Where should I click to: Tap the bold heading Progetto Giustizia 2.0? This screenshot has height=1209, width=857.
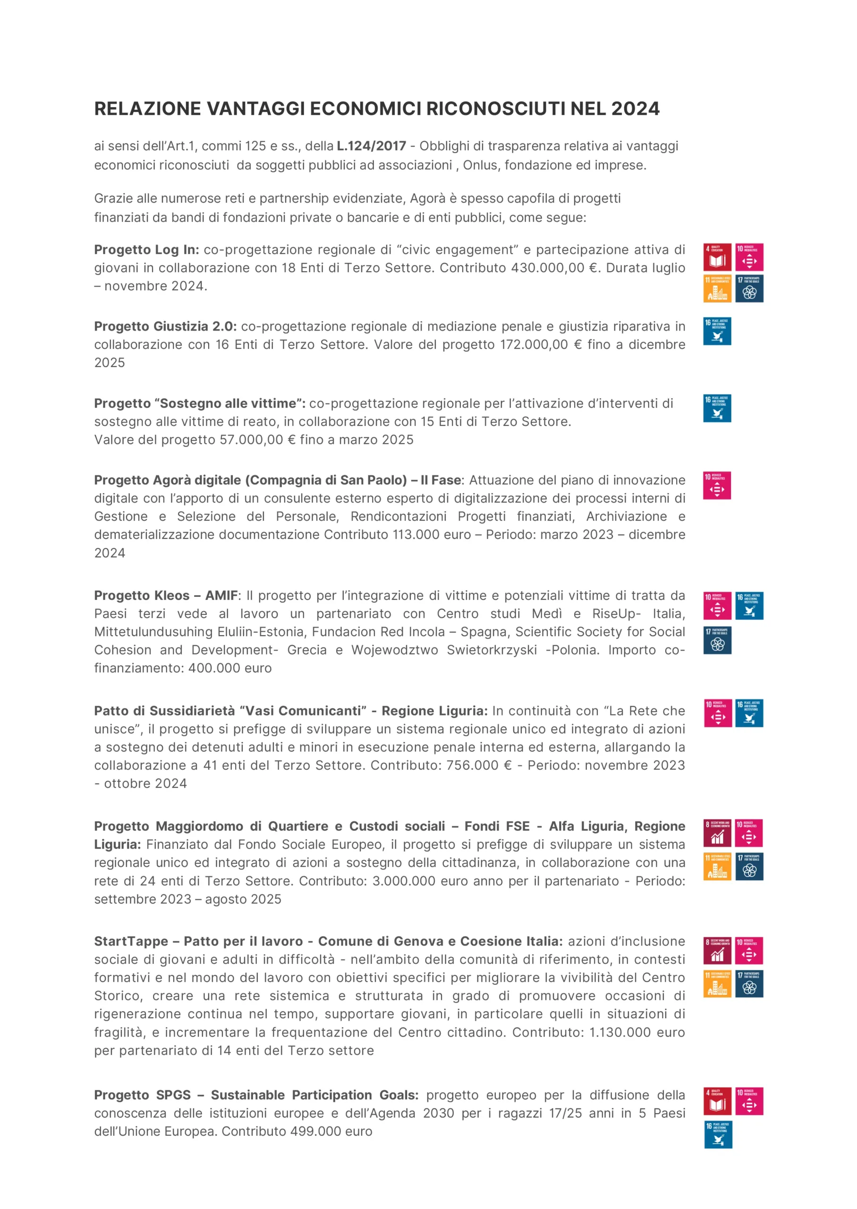click(165, 326)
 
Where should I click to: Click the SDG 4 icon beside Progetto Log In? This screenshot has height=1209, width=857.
click(717, 257)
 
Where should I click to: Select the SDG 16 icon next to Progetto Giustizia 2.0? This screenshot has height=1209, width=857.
click(717, 331)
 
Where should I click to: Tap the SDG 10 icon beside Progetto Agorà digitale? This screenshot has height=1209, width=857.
click(717, 485)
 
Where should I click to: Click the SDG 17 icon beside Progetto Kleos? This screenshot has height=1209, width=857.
click(717, 640)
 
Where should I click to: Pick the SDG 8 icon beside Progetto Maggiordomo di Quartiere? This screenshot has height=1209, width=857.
click(717, 833)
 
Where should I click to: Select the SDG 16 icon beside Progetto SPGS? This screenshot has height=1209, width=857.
click(718, 1134)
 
